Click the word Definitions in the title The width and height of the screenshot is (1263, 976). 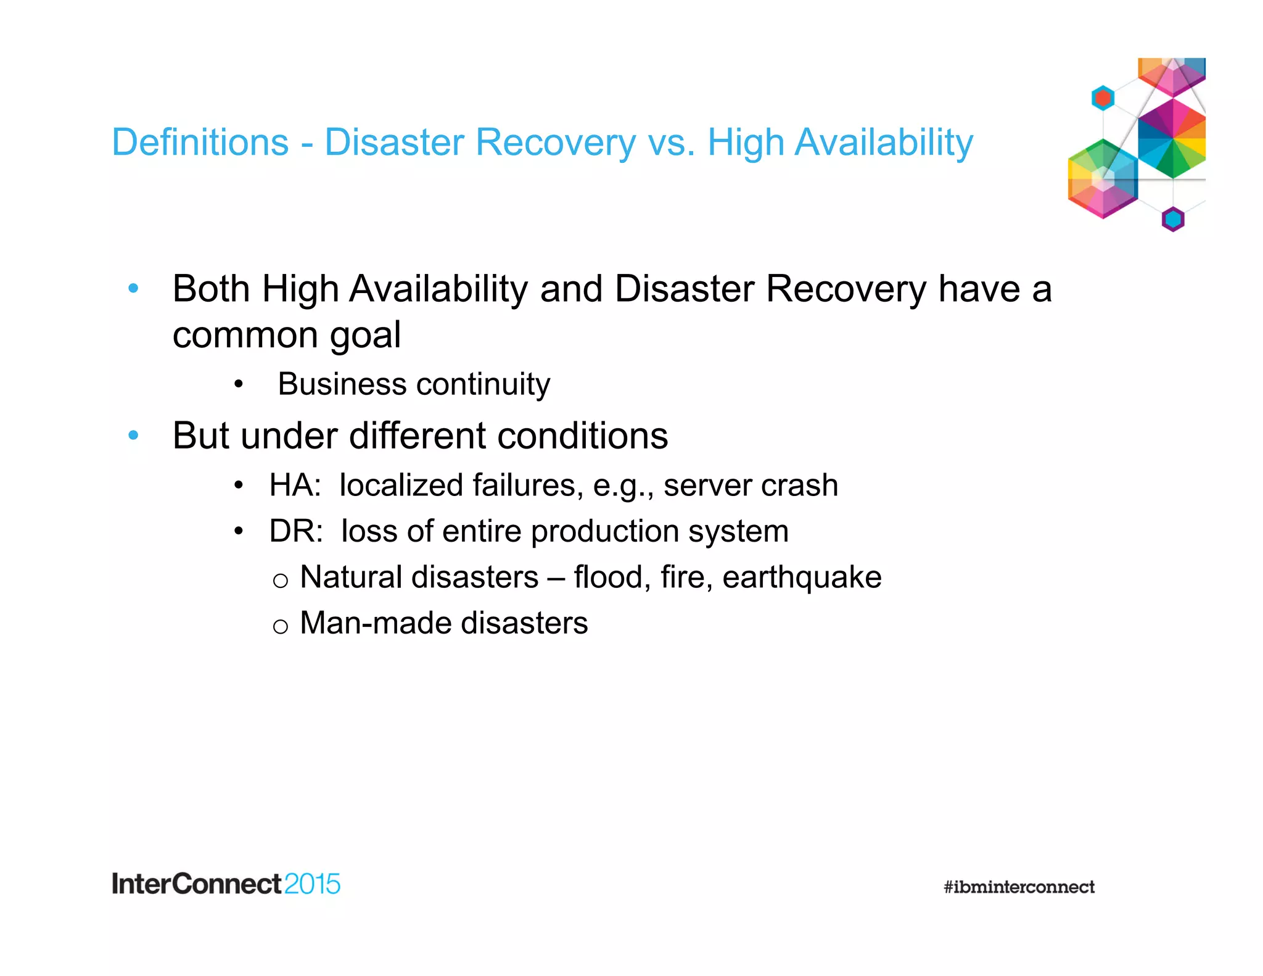(x=200, y=143)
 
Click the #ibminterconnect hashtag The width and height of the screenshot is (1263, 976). (x=1019, y=887)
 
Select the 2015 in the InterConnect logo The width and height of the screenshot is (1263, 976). (x=312, y=884)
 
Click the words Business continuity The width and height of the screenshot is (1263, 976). (x=414, y=384)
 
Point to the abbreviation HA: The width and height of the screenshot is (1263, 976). (x=295, y=485)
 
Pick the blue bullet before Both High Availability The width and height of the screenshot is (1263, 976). (x=133, y=288)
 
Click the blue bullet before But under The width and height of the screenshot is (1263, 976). (x=133, y=436)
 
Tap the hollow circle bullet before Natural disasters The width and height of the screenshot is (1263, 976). (x=280, y=581)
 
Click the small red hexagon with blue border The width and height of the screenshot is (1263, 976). (x=1103, y=98)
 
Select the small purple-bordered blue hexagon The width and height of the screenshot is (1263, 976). (x=1173, y=219)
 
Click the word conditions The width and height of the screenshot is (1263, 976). (x=582, y=436)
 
